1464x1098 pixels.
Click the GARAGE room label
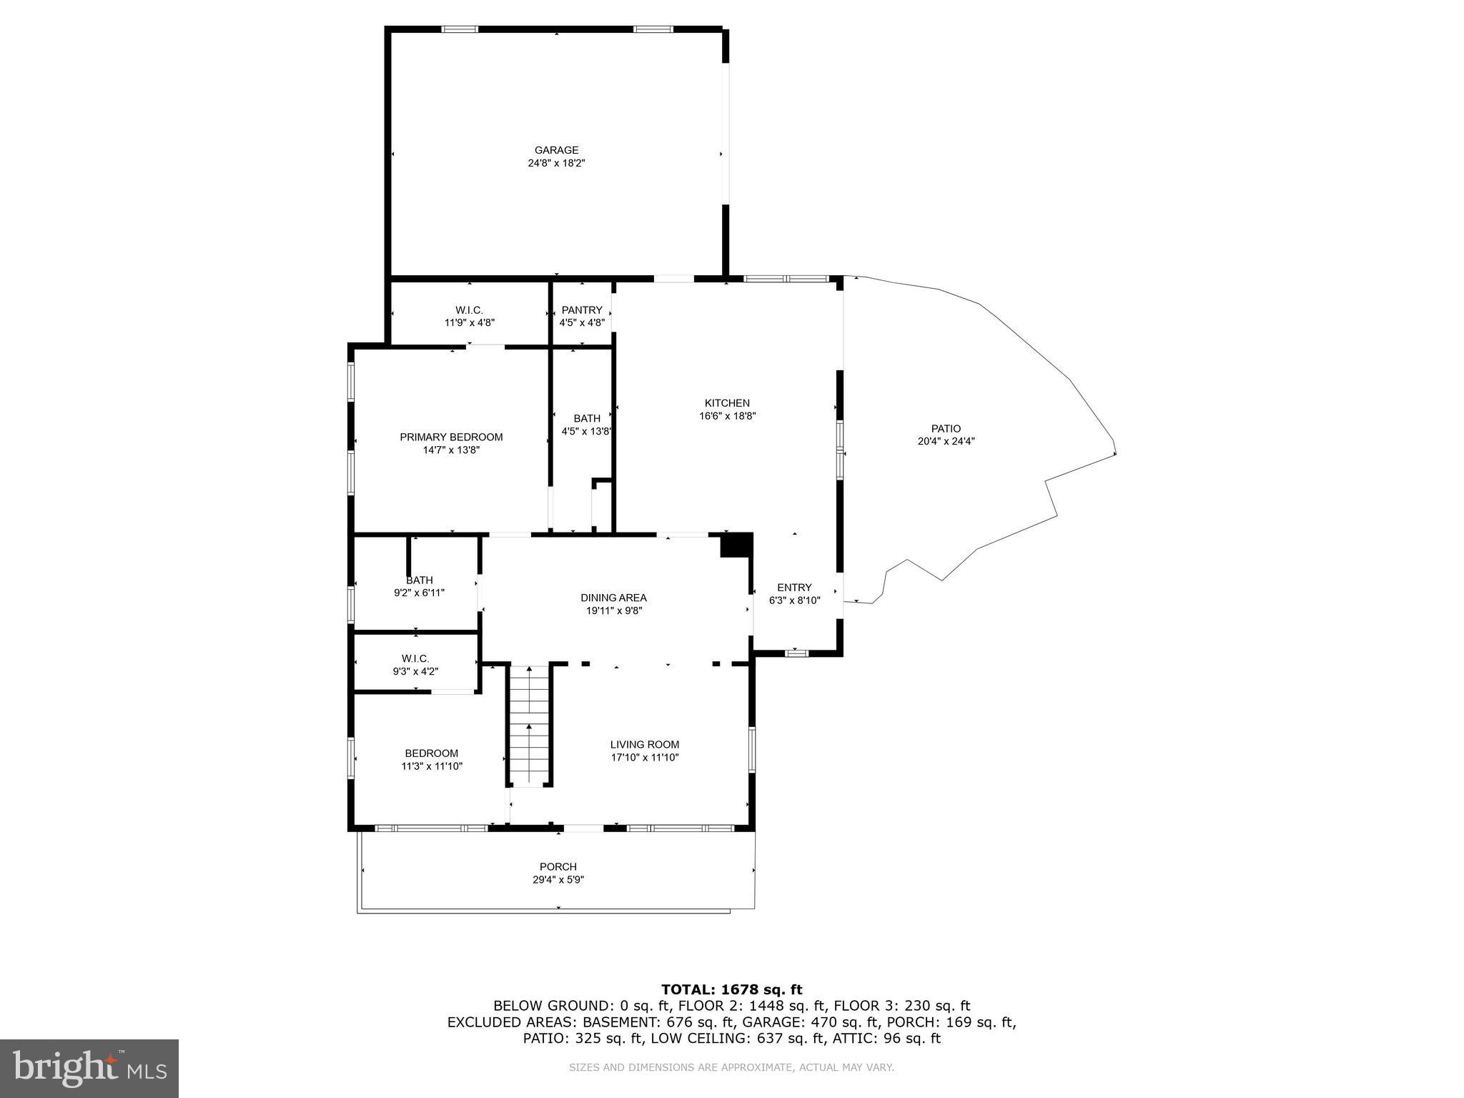coord(556,150)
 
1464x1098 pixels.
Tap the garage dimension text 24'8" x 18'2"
coord(556,163)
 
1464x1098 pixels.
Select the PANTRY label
coord(582,310)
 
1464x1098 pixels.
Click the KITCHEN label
coord(727,403)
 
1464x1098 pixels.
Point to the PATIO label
coord(946,428)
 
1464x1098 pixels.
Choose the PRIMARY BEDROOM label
coord(451,437)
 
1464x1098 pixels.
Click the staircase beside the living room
coord(529,726)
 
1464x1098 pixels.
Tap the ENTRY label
coord(794,588)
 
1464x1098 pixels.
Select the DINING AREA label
coord(613,598)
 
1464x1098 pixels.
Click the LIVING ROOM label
coord(644,744)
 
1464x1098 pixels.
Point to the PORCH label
coord(558,866)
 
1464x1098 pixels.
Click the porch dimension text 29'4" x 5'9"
coord(558,880)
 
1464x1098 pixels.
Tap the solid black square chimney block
coord(735,545)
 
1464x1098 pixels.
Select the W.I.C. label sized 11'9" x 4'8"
coord(469,310)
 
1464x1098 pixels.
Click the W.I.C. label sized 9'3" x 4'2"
coord(415,658)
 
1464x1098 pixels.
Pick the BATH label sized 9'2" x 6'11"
coord(420,580)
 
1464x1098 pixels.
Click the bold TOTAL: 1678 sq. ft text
coord(731,989)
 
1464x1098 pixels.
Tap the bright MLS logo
coord(89,1067)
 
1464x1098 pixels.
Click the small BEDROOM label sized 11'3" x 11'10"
coord(431,753)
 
